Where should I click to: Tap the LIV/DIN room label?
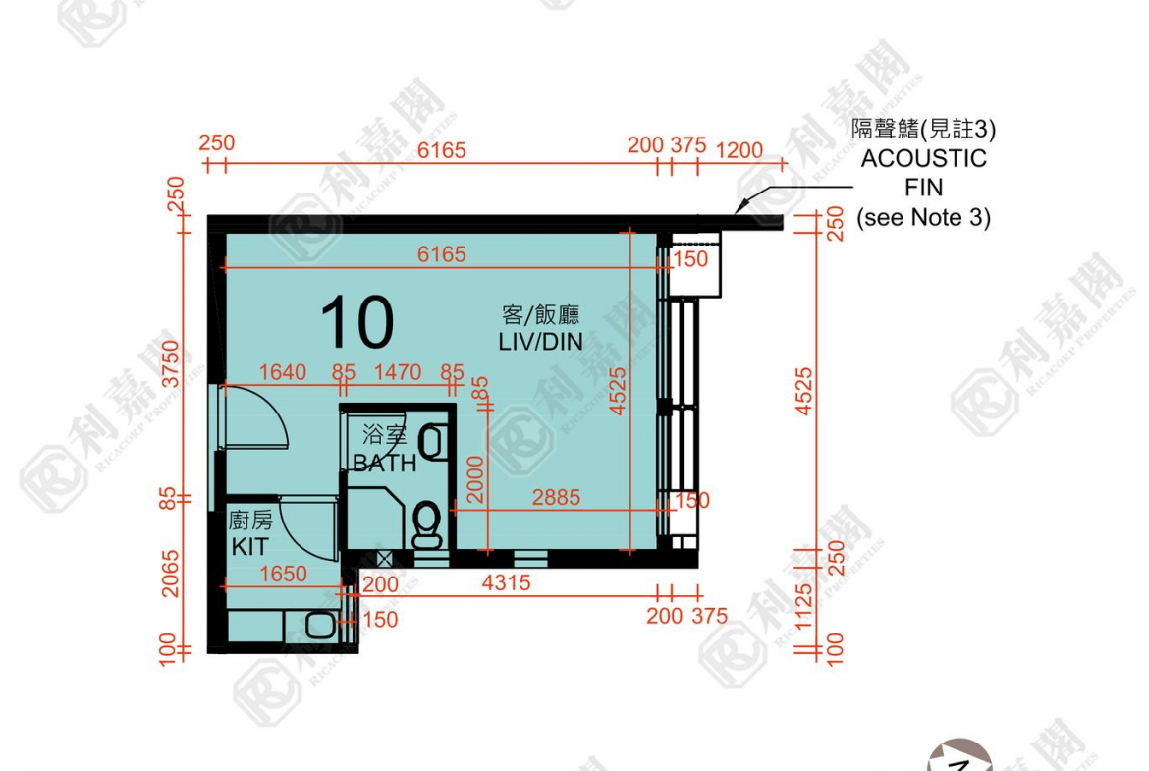[x=540, y=341]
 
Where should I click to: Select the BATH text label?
[x=384, y=463]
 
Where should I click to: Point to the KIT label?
[x=249, y=547]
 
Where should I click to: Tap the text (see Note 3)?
[x=923, y=218]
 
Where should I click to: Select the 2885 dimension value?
[x=556, y=498]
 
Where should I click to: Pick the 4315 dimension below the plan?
[x=507, y=583]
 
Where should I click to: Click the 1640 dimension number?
[x=283, y=372]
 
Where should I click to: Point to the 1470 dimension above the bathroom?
[x=398, y=372]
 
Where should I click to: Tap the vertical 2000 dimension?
[x=475, y=478]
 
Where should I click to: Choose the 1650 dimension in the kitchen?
[x=282, y=574]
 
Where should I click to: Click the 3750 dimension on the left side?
[x=172, y=363]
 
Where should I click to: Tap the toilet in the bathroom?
[x=426, y=524]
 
